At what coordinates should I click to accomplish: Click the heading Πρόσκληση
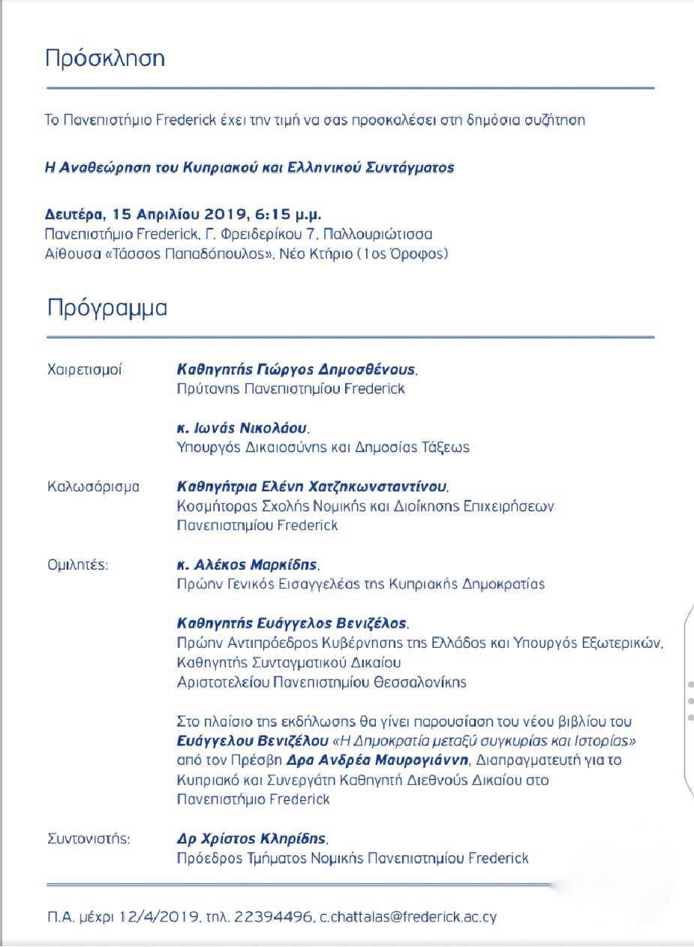point(105,59)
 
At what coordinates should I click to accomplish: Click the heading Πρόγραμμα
point(107,308)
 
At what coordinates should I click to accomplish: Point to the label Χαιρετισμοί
point(84,370)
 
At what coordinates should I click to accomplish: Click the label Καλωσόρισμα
point(93,487)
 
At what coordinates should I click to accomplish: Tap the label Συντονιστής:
point(89,838)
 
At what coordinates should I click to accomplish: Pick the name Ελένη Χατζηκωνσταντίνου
point(375,487)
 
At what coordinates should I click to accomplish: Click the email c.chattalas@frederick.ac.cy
point(408,917)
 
